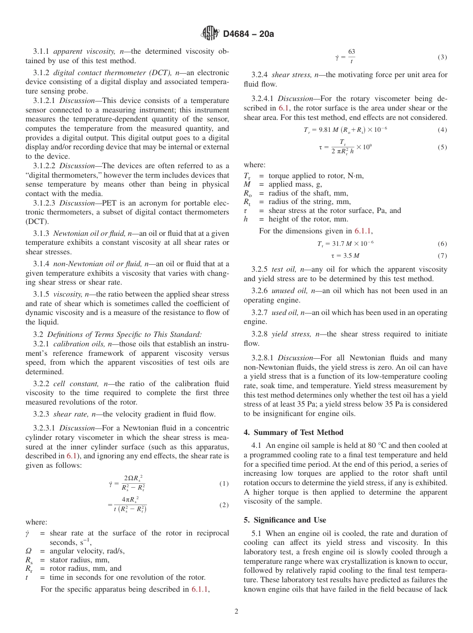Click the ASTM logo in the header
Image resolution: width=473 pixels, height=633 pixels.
210,34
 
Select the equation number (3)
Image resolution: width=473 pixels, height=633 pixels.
442,57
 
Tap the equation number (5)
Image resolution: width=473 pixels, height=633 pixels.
442,147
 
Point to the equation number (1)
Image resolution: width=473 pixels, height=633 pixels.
224,484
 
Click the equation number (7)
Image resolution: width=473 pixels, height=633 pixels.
442,256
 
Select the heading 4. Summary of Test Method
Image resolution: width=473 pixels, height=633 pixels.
293,432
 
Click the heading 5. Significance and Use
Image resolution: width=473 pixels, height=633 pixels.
285,520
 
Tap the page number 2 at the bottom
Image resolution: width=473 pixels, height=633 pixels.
236,612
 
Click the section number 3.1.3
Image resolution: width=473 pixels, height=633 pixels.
41,233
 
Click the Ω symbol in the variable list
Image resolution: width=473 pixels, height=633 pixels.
28,551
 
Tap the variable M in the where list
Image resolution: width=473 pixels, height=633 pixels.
247,185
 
